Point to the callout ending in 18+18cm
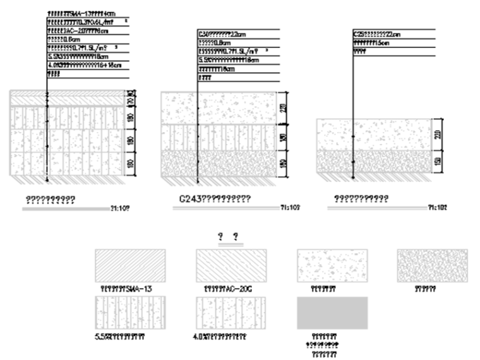(80, 64)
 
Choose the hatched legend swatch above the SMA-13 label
(130, 265)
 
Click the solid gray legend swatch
(332, 313)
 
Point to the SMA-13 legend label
(127, 289)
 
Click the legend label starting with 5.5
(119, 337)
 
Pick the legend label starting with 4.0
(219, 337)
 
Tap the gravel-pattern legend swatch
(432, 265)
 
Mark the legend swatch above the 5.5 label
(130, 313)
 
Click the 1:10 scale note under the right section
(437, 207)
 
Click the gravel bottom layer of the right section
(373, 161)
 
